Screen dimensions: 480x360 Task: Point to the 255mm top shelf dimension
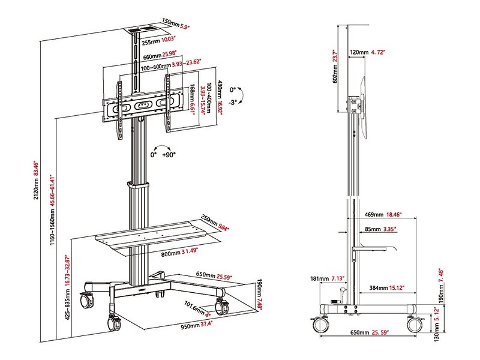click(x=151, y=41)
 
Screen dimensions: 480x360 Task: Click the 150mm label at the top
click(x=170, y=23)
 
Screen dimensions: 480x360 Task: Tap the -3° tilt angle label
click(x=233, y=102)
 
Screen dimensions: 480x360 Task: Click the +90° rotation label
click(x=169, y=155)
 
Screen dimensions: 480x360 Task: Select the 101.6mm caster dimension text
click(x=194, y=308)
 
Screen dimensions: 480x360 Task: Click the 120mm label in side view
click(x=359, y=52)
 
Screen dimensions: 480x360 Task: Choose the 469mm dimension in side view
click(x=374, y=215)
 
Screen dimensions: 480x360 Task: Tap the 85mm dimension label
click(x=373, y=229)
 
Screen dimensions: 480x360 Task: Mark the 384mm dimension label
click(x=379, y=288)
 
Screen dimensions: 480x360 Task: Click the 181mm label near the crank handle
click(x=319, y=278)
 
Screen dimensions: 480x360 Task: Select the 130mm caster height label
click(x=437, y=331)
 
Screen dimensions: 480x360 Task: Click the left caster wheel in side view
click(x=320, y=325)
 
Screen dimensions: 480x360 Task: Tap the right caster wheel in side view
click(x=415, y=325)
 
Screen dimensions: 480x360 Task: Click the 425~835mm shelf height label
click(x=68, y=305)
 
